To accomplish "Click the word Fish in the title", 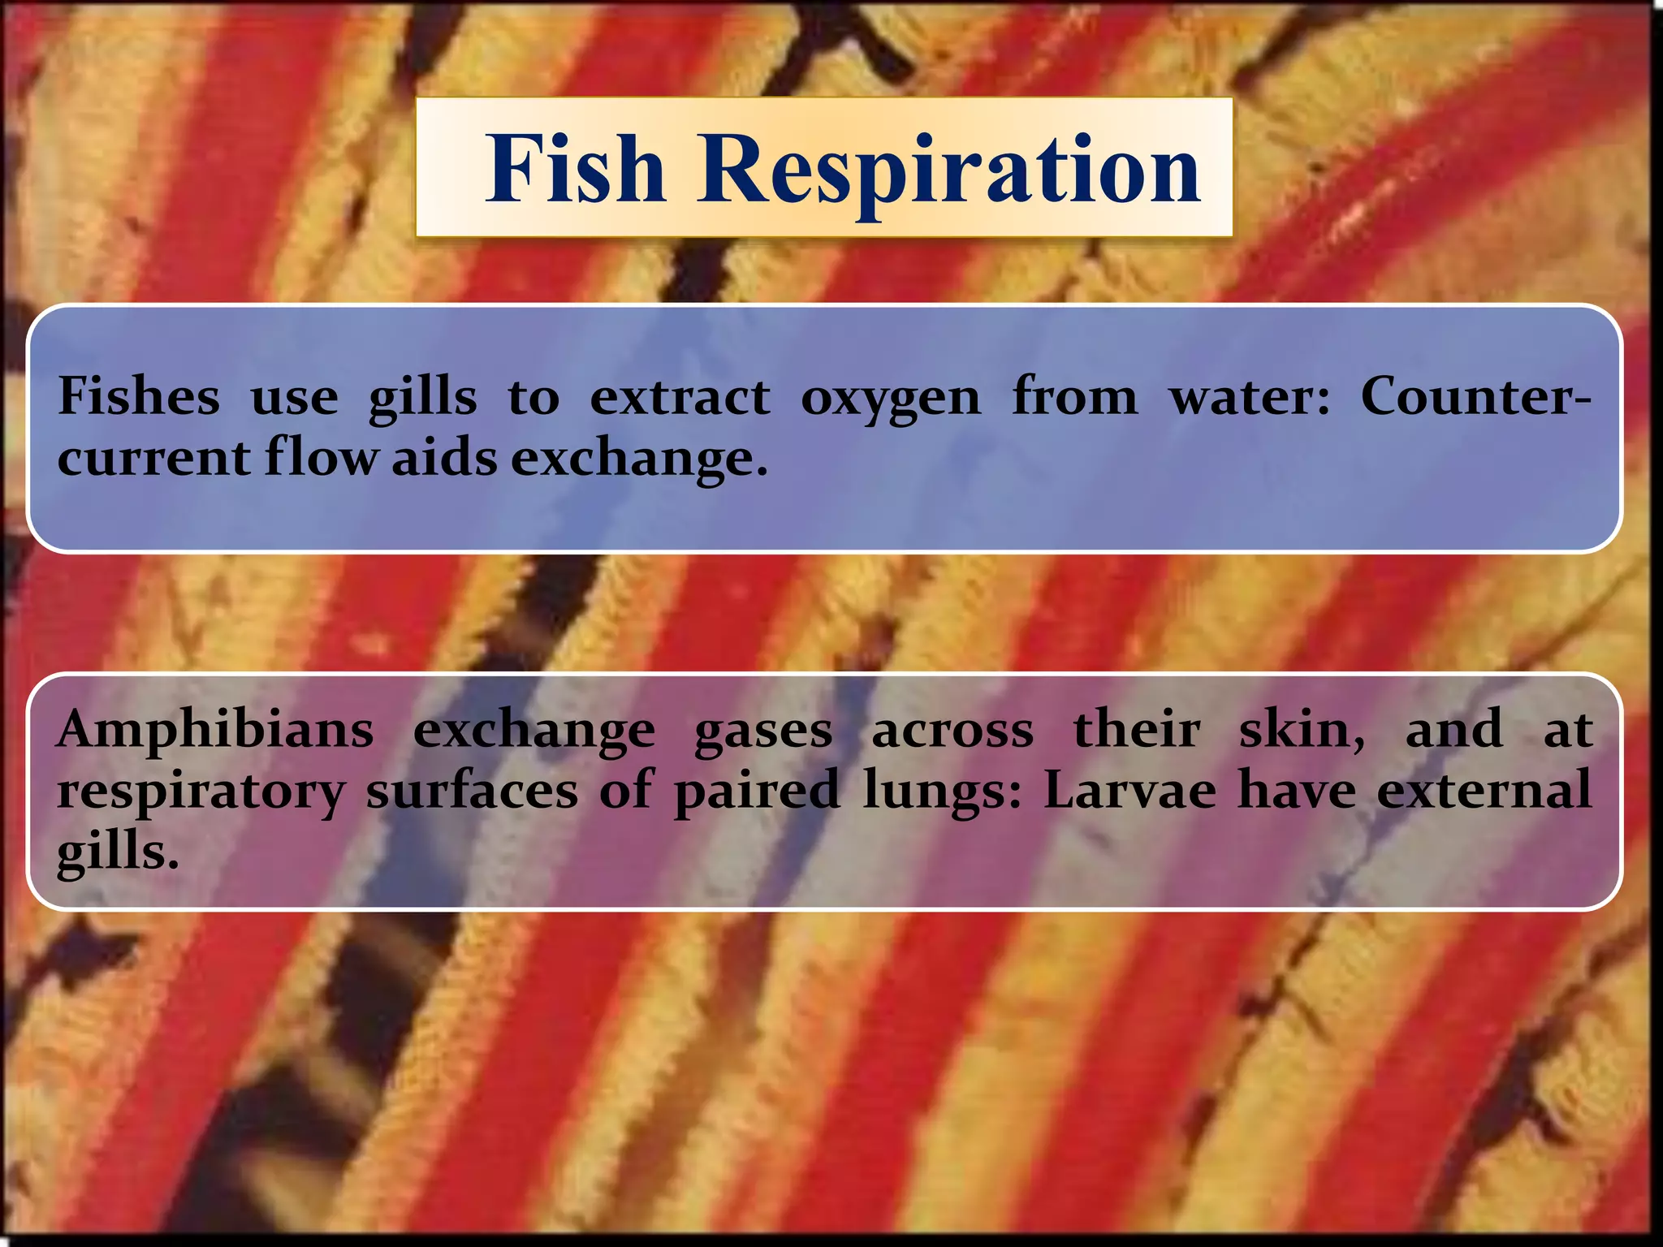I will point(576,168).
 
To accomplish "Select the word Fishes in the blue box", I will point(139,397).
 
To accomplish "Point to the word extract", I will point(680,397).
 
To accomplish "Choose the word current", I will point(153,459).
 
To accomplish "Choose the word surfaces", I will point(472,792).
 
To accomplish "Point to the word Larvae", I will point(1130,792).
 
